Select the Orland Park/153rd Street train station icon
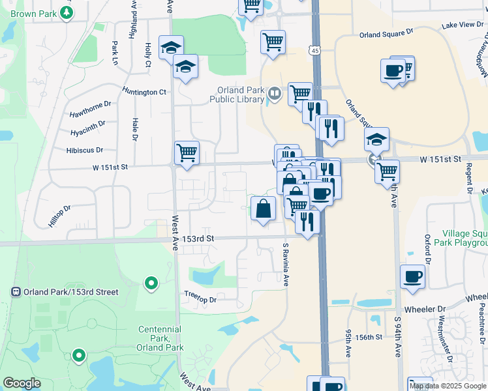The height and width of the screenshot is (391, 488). pos(16,292)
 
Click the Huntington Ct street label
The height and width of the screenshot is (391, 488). pos(145,92)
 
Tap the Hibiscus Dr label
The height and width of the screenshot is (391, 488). pos(85,150)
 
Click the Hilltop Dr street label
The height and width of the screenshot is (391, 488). pos(59,216)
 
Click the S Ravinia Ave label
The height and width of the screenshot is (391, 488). pos(286,265)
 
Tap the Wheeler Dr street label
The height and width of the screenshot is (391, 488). pos(425,309)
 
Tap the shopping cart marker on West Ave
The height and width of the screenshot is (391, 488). pos(187,154)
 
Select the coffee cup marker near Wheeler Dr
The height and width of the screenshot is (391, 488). pos(412,276)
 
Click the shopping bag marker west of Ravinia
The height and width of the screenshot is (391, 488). pos(263,209)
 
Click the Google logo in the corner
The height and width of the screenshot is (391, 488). pos(22,383)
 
